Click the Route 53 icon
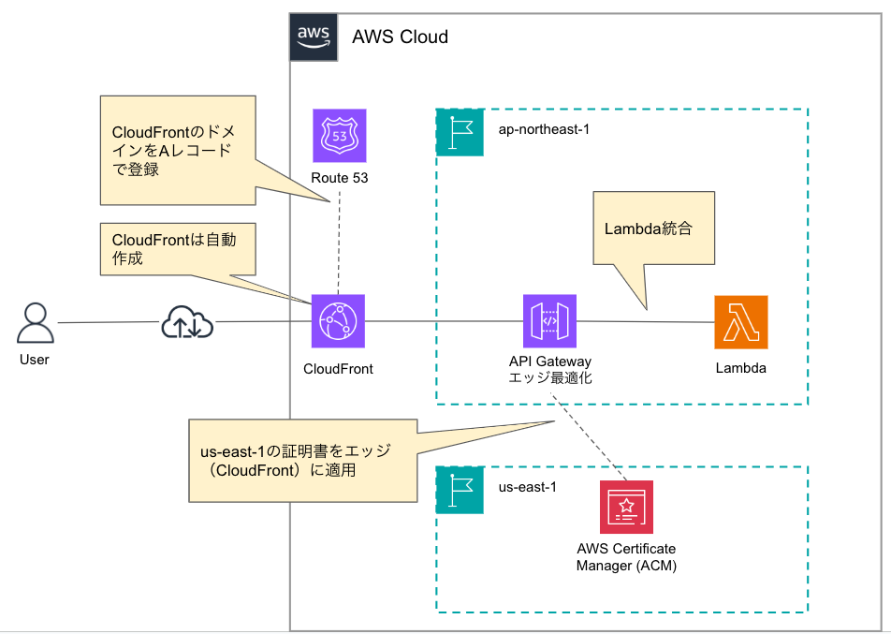pyautogui.click(x=340, y=136)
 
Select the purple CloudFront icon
pyautogui.click(x=339, y=322)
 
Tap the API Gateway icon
pyautogui.click(x=549, y=322)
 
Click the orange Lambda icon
pyautogui.click(x=740, y=322)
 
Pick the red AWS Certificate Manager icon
pyautogui.click(x=626, y=507)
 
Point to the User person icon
pyautogui.click(x=35, y=324)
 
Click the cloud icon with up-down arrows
pyautogui.click(x=187, y=323)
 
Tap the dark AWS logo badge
pyautogui.click(x=313, y=37)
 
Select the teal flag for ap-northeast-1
pyautogui.click(x=460, y=132)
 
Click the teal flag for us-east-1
pyautogui.click(x=460, y=489)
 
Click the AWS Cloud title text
pyautogui.click(x=400, y=37)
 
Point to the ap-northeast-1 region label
pyautogui.click(x=544, y=127)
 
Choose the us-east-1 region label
pyautogui.click(x=527, y=487)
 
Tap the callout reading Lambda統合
pyautogui.click(x=653, y=228)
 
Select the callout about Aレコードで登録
pyautogui.click(x=177, y=150)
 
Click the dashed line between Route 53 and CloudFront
pyautogui.click(x=339, y=243)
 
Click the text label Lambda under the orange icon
pyautogui.click(x=740, y=368)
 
